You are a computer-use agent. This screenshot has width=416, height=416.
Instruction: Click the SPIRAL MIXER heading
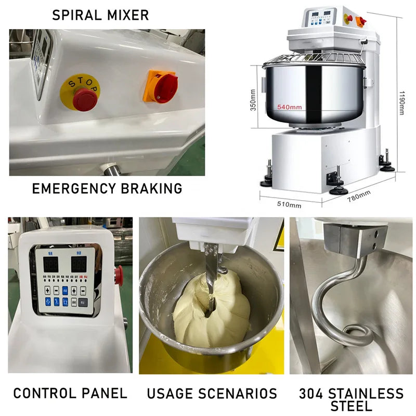[100, 15]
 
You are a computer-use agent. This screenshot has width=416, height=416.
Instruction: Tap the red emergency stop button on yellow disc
[84, 98]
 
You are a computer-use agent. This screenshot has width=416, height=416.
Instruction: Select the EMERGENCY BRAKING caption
[107, 188]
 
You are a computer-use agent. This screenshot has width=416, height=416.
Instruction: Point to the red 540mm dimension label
[289, 107]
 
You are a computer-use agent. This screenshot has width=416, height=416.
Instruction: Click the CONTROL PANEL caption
[70, 393]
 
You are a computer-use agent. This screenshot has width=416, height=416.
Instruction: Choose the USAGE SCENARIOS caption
[212, 393]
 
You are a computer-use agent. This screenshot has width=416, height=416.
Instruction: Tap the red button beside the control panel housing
[119, 272]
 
